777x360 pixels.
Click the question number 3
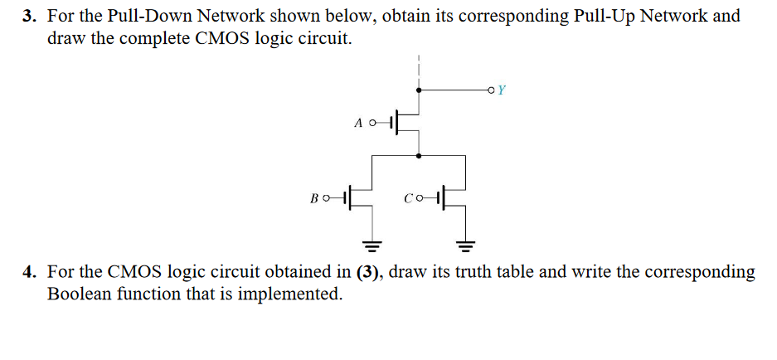[x=28, y=17]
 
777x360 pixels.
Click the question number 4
[x=28, y=272]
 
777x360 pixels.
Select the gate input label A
[x=358, y=123]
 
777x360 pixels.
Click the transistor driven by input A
[x=406, y=122]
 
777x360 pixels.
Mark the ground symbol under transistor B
[x=373, y=246]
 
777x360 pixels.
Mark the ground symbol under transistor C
[x=466, y=246]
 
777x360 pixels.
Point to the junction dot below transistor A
[x=419, y=154]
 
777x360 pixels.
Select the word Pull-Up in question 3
[x=604, y=17]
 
